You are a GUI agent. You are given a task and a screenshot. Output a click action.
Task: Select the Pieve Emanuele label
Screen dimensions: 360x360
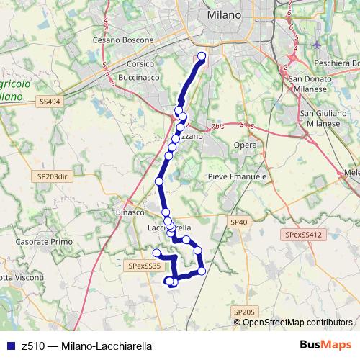click(x=237, y=176)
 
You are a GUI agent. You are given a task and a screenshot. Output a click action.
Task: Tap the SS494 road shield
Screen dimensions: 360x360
click(x=50, y=102)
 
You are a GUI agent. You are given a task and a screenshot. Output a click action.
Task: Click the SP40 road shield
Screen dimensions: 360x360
click(x=239, y=222)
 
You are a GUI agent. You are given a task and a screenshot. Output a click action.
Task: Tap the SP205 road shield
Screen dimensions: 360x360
click(x=245, y=311)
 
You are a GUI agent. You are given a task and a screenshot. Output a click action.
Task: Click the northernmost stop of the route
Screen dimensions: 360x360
click(x=202, y=56)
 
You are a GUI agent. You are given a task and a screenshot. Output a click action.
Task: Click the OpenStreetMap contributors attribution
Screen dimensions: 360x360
click(x=297, y=322)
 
